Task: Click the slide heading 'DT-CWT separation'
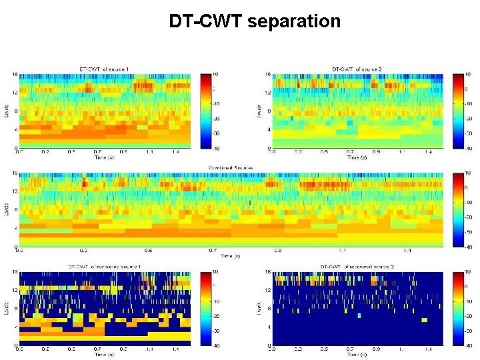click(x=255, y=21)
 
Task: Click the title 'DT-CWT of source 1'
click(x=105, y=69)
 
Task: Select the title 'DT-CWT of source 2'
click(x=357, y=69)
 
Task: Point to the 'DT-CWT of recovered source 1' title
click(x=105, y=267)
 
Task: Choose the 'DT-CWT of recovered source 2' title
click(x=357, y=267)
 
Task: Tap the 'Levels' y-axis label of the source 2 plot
click(x=259, y=110)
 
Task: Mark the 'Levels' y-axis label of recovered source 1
click(x=6, y=308)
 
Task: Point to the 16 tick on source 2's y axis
click(x=267, y=74)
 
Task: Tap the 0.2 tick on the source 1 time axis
click(x=45, y=152)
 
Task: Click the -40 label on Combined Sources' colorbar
click(x=468, y=247)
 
